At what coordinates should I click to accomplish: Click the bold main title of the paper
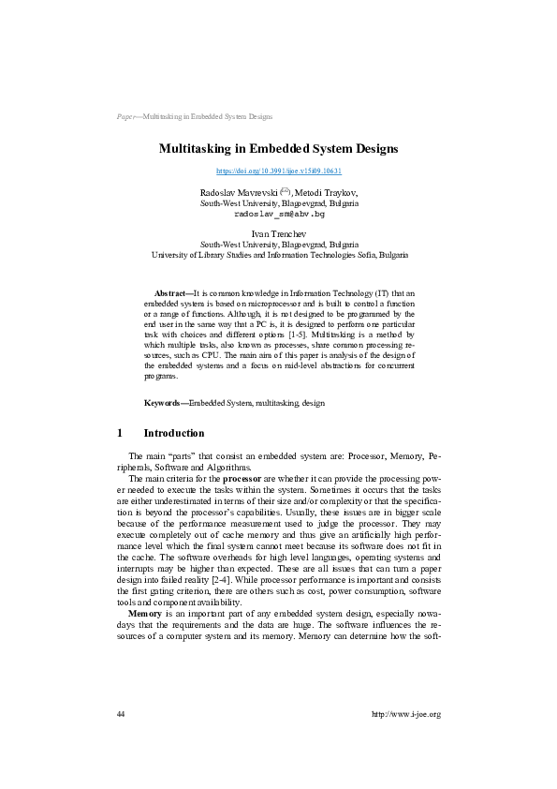click(x=278, y=149)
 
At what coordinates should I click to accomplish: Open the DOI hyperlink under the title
click(x=278, y=171)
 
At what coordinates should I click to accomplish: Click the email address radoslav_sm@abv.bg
click(x=278, y=214)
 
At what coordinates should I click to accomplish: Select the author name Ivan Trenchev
click(x=278, y=232)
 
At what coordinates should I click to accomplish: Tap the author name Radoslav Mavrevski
click(x=232, y=191)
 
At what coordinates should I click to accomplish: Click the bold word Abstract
click(x=170, y=293)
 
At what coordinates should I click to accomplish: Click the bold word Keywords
click(x=163, y=402)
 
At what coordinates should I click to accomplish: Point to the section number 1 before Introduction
click(x=119, y=433)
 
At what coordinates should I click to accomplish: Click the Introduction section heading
click(x=173, y=433)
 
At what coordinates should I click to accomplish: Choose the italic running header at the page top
click(x=194, y=117)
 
